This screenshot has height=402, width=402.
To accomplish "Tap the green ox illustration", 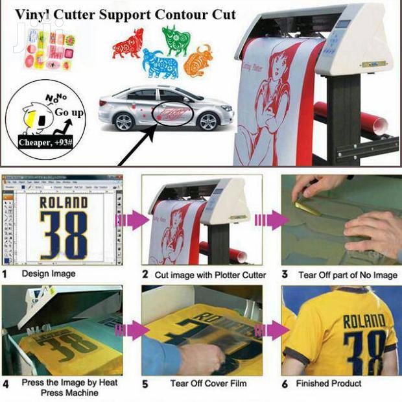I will coord(176,40).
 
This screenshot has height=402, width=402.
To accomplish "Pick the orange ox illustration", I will coord(198,60).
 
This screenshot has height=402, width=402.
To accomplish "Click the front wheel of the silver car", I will coord(207,121).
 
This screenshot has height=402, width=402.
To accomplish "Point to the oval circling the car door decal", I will coord(172,115).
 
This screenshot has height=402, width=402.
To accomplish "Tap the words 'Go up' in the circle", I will coord(69,113).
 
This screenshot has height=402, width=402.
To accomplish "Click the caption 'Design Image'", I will coord(49,274).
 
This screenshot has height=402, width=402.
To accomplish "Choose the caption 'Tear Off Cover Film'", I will coord(208,383).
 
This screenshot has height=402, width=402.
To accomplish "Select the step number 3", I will coord(285,275).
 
